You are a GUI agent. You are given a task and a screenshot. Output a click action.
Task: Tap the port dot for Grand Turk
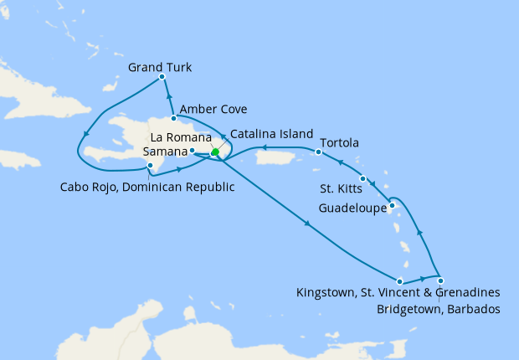click(162, 78)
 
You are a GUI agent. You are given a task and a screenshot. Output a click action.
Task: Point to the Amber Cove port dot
click(174, 118)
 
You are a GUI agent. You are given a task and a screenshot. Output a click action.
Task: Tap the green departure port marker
click(215, 152)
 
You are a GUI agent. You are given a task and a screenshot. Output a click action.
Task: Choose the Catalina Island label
click(271, 134)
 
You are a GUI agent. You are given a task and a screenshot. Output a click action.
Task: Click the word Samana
click(165, 151)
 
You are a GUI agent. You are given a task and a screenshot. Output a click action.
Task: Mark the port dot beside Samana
click(193, 151)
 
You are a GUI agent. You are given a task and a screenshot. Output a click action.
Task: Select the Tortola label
click(339, 143)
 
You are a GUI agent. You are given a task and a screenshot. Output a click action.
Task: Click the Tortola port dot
click(319, 152)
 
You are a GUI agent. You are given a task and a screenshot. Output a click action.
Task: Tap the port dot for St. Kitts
click(362, 178)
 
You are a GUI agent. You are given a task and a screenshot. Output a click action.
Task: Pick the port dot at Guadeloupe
click(392, 203)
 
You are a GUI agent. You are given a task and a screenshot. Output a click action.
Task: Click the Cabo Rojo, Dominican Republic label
click(146, 187)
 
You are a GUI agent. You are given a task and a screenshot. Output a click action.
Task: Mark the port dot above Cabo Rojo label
click(149, 167)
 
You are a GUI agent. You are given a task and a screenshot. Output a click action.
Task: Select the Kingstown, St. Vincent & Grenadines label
click(398, 293)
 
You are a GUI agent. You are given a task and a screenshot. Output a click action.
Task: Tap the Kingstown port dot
click(400, 281)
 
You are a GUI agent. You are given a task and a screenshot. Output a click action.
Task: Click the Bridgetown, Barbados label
click(438, 310)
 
